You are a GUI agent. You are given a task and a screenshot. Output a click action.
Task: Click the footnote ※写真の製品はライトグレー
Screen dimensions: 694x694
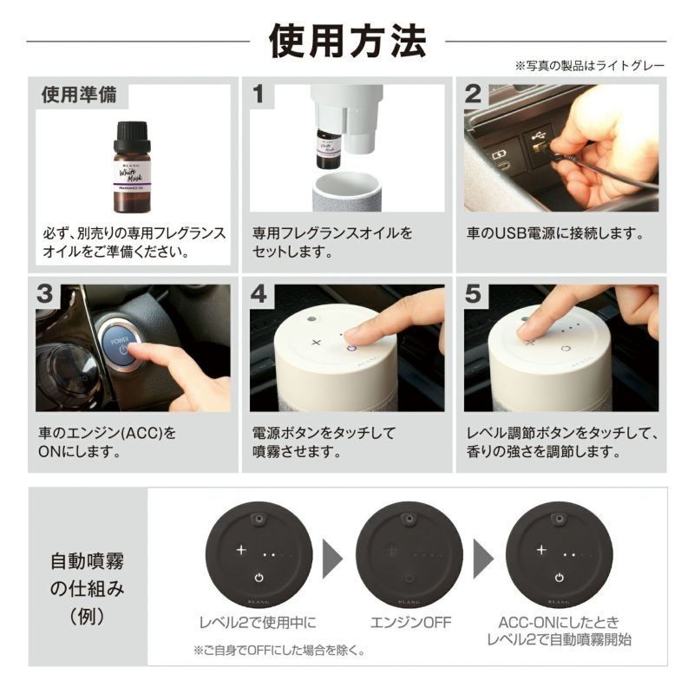click(590, 66)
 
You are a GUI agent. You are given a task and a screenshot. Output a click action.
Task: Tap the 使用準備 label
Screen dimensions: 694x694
click(79, 94)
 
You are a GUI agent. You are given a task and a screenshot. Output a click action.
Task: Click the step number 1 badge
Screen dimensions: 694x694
click(259, 95)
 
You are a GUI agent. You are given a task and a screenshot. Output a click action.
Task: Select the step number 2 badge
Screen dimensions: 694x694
click(473, 95)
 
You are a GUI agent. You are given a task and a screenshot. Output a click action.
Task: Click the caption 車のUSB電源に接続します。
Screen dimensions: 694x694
click(554, 233)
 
